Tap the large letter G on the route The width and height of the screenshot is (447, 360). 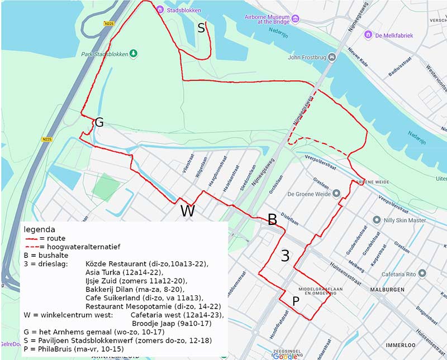[99, 122]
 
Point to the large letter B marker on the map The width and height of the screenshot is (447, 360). [272, 219]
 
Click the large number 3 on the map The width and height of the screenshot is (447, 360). [285, 256]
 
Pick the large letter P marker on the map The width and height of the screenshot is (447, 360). [296, 301]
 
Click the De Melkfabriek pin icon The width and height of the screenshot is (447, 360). [368, 35]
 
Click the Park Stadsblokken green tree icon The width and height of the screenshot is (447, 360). [134, 54]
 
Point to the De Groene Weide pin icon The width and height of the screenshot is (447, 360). [336, 194]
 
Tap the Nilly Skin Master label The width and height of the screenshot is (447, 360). [405, 220]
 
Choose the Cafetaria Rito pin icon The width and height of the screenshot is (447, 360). [422, 273]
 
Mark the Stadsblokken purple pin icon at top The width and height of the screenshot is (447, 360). [160, 9]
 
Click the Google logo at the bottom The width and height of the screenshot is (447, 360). [285, 356]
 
